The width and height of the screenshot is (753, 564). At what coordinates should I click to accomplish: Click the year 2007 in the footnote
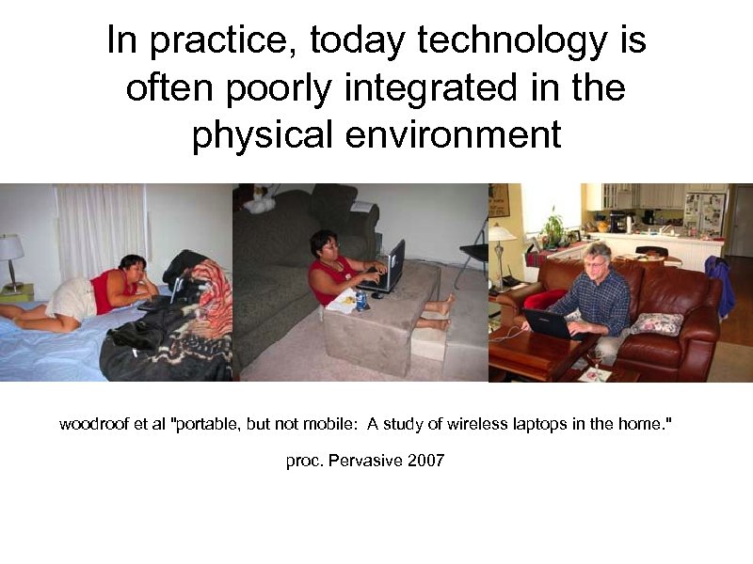[425, 461]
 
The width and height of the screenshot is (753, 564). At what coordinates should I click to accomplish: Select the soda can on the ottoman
[361, 300]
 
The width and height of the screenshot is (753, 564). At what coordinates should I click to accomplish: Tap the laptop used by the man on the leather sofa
[547, 322]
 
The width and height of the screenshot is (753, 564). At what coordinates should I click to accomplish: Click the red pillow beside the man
[545, 300]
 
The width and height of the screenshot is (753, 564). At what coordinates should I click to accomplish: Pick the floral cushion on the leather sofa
[656, 323]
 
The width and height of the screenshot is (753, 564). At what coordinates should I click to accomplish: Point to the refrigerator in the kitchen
[703, 214]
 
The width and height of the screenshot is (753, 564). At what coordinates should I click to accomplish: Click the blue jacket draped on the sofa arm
[720, 282]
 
